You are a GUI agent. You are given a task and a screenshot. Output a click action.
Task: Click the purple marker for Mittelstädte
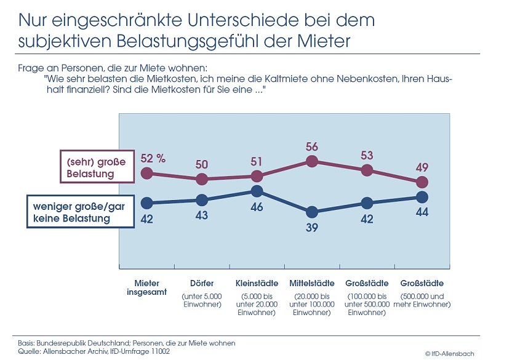(312, 161)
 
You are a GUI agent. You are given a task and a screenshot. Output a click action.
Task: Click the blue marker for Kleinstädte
(257, 191)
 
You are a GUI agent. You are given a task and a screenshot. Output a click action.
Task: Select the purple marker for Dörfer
(201, 179)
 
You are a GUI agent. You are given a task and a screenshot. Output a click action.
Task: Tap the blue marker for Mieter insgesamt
(146, 202)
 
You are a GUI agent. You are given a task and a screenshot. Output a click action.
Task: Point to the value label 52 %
(153, 158)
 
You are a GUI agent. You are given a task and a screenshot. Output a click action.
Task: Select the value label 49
(422, 167)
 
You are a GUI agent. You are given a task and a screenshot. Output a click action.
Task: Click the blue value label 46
(257, 207)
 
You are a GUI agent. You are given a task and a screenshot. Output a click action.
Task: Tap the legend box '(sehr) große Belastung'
(96, 167)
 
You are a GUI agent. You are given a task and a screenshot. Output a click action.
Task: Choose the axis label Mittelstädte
(312, 284)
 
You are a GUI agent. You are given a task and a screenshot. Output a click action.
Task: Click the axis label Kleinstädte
(257, 284)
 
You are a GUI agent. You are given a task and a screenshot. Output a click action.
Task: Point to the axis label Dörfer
(201, 284)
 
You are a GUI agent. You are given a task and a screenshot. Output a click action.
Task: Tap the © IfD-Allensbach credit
(450, 353)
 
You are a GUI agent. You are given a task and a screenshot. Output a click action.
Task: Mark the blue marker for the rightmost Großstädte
(422, 197)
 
